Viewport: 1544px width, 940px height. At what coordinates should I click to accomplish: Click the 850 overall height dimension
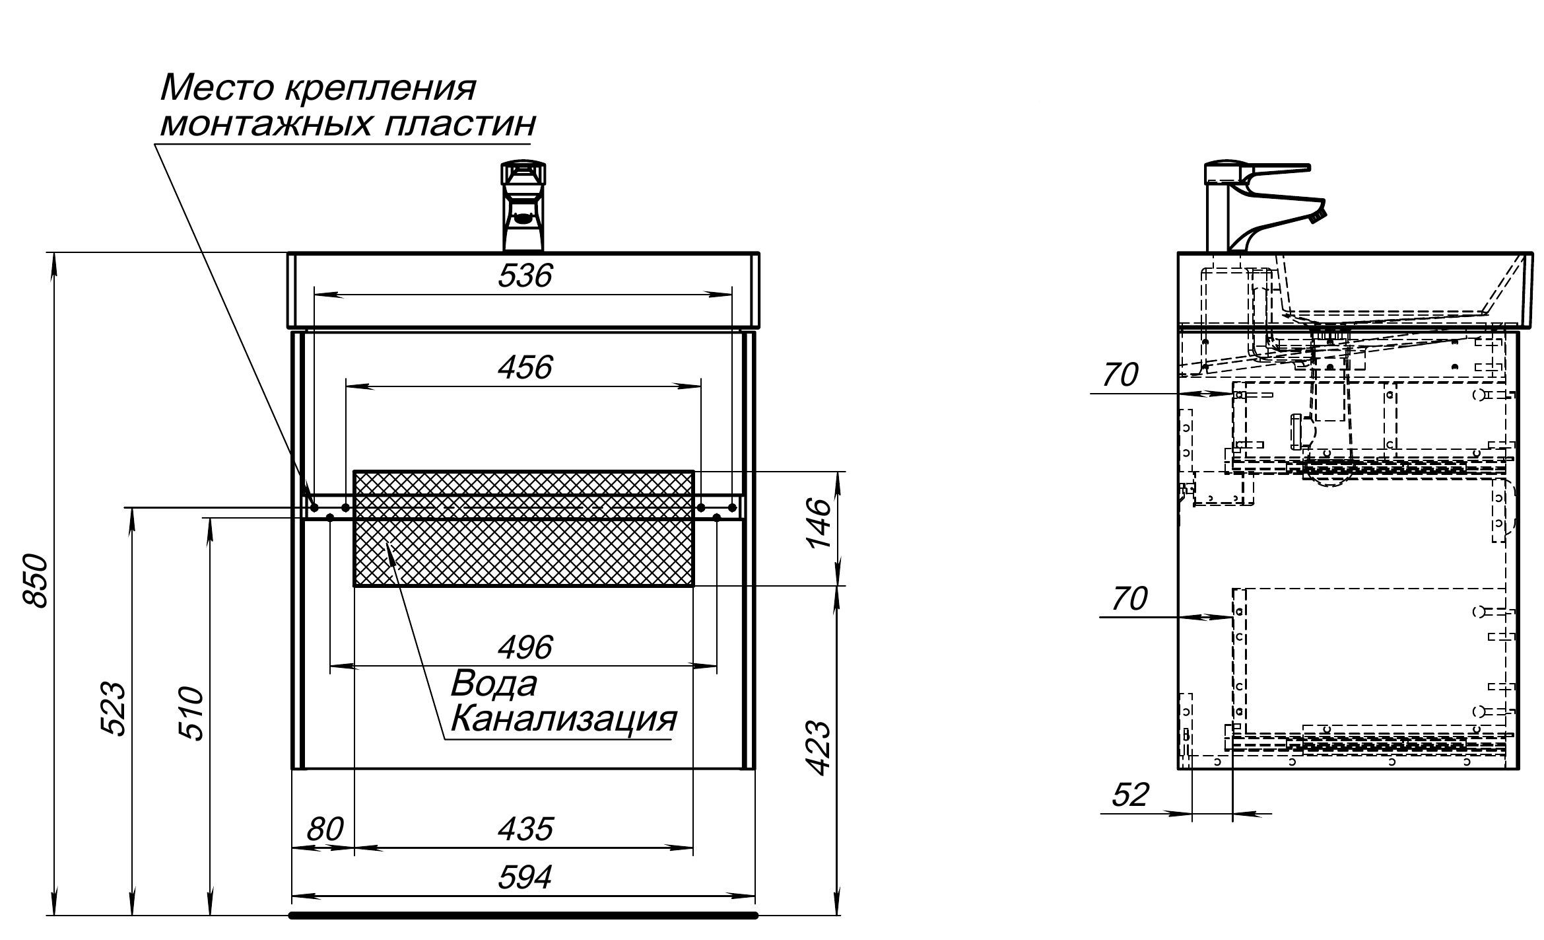[x=36, y=581]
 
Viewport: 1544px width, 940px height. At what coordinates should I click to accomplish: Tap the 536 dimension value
[x=524, y=275]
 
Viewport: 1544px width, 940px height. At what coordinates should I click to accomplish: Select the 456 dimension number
[x=524, y=367]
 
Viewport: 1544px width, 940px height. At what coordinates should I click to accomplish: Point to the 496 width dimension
[x=524, y=648]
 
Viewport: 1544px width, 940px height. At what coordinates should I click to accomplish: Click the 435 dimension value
[x=524, y=829]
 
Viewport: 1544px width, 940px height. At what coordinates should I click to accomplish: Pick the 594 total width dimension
[x=524, y=878]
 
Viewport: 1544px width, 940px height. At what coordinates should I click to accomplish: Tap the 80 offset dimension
[x=325, y=829]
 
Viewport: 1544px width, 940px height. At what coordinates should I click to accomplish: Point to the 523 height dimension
[x=113, y=708]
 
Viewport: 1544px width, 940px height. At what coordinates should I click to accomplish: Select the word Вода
[x=494, y=684]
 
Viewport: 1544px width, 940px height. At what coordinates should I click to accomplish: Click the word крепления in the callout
[x=380, y=88]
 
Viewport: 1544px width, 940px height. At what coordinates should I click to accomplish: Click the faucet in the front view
[x=523, y=206]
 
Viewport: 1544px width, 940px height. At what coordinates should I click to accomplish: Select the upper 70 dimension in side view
[x=1120, y=375]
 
